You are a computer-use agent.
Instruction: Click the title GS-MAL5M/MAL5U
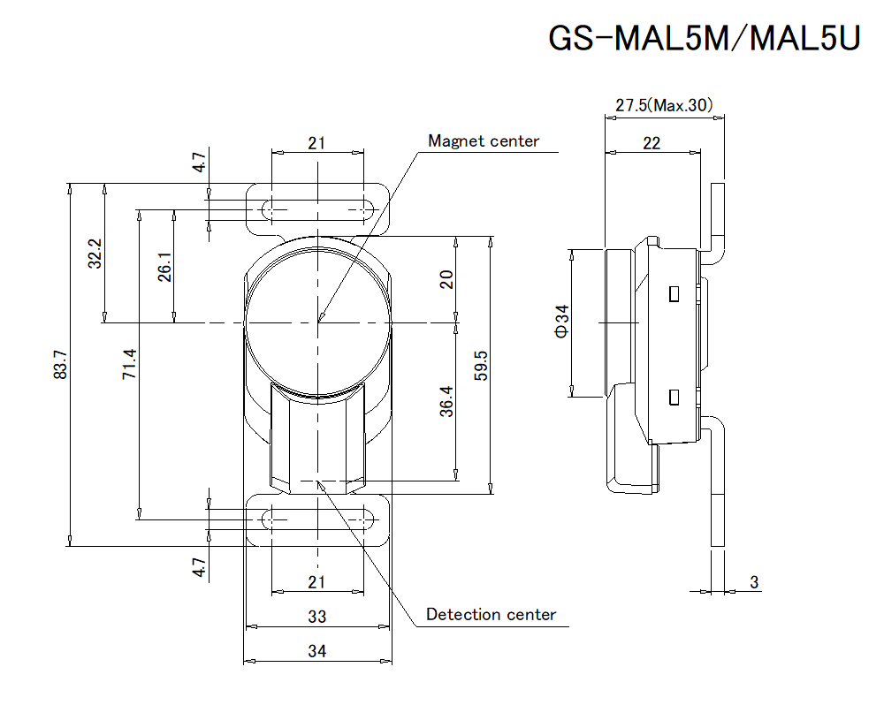(704, 40)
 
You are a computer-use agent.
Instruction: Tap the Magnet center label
(483, 141)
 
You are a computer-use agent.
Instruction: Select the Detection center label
(491, 615)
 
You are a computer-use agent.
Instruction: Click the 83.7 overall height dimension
(60, 365)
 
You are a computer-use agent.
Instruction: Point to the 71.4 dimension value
(129, 365)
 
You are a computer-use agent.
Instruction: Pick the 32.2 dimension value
(95, 254)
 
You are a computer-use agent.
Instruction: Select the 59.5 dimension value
(481, 365)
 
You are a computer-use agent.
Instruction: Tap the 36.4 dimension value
(446, 401)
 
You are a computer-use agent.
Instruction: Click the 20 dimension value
(446, 279)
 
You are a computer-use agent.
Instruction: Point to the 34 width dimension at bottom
(317, 652)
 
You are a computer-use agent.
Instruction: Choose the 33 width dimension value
(317, 616)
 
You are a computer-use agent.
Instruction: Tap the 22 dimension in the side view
(652, 143)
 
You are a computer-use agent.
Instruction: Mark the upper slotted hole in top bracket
(317, 210)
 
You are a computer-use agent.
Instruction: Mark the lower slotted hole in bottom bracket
(317, 519)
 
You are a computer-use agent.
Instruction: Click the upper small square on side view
(674, 292)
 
